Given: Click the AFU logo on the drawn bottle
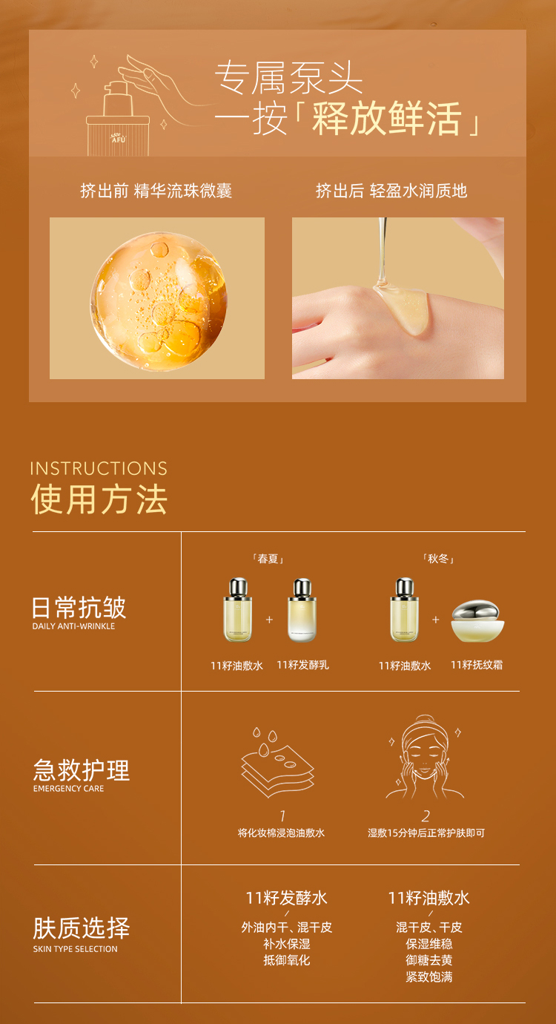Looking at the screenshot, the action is point(119,139).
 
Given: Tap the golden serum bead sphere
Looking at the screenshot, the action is point(159,301).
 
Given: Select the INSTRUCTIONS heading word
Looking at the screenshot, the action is point(99,468).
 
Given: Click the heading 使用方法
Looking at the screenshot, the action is point(99,499).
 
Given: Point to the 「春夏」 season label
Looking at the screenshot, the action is point(268,559).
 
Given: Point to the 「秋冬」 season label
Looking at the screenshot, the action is point(438,559).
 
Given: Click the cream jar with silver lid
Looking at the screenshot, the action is point(478,622).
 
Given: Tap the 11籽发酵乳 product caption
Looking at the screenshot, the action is point(303,665).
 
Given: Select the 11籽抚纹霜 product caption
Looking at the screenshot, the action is point(477,665).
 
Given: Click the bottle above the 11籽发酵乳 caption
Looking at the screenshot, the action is point(302,610).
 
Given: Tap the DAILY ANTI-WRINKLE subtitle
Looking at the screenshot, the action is point(73,626).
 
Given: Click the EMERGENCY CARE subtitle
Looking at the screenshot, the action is point(68,789).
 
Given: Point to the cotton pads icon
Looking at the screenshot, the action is point(277,762).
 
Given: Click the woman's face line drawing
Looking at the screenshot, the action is point(425,757).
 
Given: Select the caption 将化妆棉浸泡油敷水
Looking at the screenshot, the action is point(281,833).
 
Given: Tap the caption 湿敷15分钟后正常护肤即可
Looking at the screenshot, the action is point(426,833).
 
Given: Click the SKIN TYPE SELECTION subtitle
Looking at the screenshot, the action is point(76,949).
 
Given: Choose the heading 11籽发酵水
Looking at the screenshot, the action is point(287,899).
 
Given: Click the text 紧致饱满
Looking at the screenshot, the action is point(429,977).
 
